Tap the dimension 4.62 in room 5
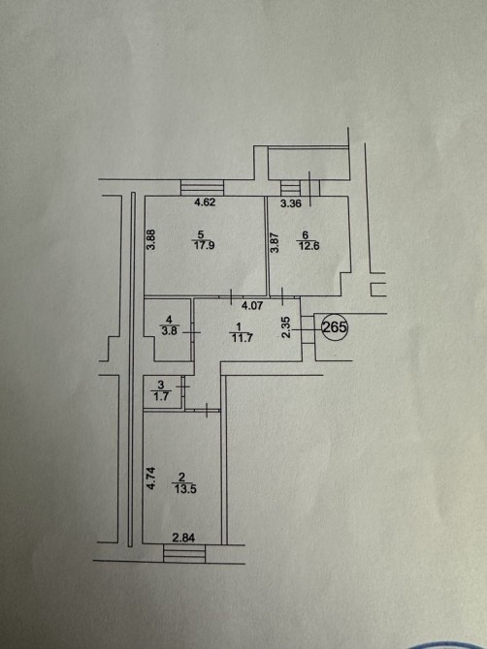pos(205,202)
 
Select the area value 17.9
pos(204,245)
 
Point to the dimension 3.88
pos(151,239)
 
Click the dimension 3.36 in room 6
pos(291,203)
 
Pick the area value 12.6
pos(308,246)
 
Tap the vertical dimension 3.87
pos(275,242)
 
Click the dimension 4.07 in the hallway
pos(252,306)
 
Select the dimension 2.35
pos(286,327)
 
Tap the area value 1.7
pos(161,396)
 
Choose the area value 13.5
pos(185,489)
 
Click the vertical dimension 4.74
pos(151,479)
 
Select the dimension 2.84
pos(183,538)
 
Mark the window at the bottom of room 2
pos(184,553)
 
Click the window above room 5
pos(202,188)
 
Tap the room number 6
pos(306,235)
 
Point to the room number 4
pos(168,320)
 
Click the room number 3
pos(161,386)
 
